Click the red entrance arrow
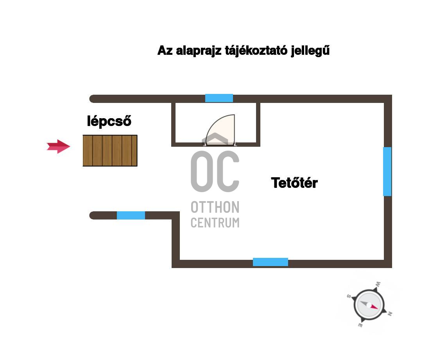(x=58, y=146)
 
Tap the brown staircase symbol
(x=110, y=151)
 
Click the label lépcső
(x=109, y=121)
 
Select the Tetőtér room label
(x=294, y=183)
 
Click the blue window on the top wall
(x=219, y=98)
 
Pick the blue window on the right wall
(x=387, y=171)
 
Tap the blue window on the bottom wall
(x=271, y=262)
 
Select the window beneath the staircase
(x=131, y=215)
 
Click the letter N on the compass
(x=390, y=313)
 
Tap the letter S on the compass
(x=348, y=296)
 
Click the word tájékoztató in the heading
(x=256, y=51)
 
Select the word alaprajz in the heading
(x=199, y=51)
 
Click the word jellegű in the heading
(x=310, y=51)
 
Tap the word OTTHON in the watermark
(x=215, y=207)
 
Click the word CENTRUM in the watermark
(x=215, y=223)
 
